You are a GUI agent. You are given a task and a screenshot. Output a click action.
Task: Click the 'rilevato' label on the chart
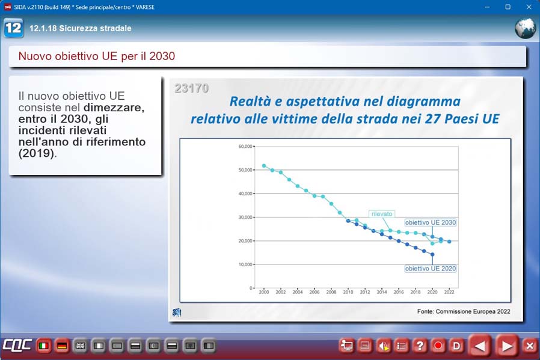click(x=382, y=214)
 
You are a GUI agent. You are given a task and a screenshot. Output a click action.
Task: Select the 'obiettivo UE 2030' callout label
click(x=431, y=223)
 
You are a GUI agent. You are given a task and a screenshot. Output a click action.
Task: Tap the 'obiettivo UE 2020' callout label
click(x=431, y=269)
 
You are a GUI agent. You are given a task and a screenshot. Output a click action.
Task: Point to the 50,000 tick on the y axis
click(x=245, y=170)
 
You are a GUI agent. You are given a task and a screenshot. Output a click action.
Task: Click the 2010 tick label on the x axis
click(x=348, y=292)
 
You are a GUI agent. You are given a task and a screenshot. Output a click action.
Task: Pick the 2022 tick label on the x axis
click(x=449, y=292)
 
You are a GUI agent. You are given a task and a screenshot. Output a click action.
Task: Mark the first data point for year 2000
click(x=264, y=166)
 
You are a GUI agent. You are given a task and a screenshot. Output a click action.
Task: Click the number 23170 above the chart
click(x=191, y=88)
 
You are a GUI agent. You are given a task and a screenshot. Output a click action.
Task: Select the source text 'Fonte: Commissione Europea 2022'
click(x=464, y=311)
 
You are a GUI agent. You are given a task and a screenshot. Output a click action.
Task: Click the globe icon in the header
click(x=525, y=28)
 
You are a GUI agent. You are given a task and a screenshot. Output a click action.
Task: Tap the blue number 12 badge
click(x=13, y=28)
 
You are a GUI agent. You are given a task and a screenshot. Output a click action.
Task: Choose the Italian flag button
click(x=43, y=346)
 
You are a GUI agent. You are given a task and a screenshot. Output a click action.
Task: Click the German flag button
click(x=62, y=346)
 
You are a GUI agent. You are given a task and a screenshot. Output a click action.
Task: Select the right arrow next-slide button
click(x=506, y=346)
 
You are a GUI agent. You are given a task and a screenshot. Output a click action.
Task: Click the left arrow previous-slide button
click(x=480, y=346)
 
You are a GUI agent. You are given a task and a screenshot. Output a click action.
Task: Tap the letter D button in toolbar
click(x=456, y=346)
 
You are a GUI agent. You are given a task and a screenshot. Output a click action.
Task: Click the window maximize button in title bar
click(x=508, y=7)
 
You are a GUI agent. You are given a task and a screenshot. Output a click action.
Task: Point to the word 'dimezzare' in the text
click(x=114, y=108)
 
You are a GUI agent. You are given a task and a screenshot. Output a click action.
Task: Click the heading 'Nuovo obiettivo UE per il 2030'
click(x=97, y=56)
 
